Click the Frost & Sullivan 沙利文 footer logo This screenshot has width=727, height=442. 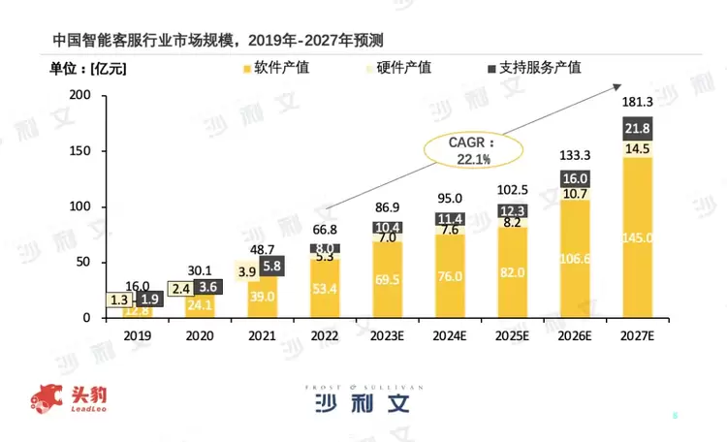[x=363, y=398]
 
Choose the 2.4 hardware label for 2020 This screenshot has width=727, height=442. [x=179, y=288]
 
